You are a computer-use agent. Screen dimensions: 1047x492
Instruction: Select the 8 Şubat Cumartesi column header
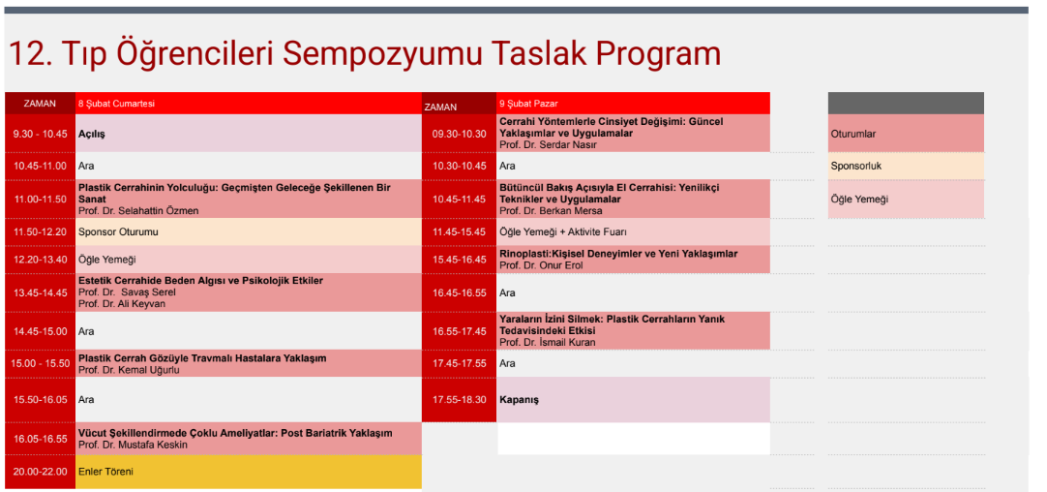click(x=249, y=104)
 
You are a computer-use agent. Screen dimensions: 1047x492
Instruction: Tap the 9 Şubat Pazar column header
click(x=633, y=104)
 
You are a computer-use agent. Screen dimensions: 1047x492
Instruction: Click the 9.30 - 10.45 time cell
click(x=40, y=134)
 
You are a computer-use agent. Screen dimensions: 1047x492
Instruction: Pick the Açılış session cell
click(x=249, y=134)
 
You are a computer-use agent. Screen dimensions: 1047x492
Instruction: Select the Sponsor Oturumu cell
click(x=249, y=232)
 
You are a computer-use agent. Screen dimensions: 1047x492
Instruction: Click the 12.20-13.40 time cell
click(x=40, y=260)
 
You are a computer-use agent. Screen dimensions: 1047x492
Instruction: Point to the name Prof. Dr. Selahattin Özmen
click(x=138, y=211)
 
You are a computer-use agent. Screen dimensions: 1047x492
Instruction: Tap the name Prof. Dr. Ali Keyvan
click(x=122, y=303)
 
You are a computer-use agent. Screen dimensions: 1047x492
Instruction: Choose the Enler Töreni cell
click(x=249, y=472)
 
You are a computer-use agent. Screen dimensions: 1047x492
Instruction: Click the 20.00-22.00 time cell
click(x=40, y=472)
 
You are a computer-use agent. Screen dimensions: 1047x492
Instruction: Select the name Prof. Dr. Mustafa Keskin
click(x=133, y=445)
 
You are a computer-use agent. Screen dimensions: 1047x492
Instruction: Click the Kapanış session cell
click(x=633, y=400)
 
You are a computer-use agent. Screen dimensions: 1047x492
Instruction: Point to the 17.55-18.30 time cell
click(x=460, y=400)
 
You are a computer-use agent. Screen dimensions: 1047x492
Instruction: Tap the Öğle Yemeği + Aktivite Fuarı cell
click(x=633, y=232)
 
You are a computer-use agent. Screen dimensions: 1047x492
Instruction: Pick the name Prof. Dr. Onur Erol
click(x=541, y=265)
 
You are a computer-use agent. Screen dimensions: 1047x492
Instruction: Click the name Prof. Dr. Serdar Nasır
click(x=549, y=144)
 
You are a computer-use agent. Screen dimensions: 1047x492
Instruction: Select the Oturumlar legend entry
click(x=906, y=134)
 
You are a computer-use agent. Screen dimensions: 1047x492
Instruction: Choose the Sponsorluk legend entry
click(x=906, y=166)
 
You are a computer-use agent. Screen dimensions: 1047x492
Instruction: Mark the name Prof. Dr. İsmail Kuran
click(x=548, y=342)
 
